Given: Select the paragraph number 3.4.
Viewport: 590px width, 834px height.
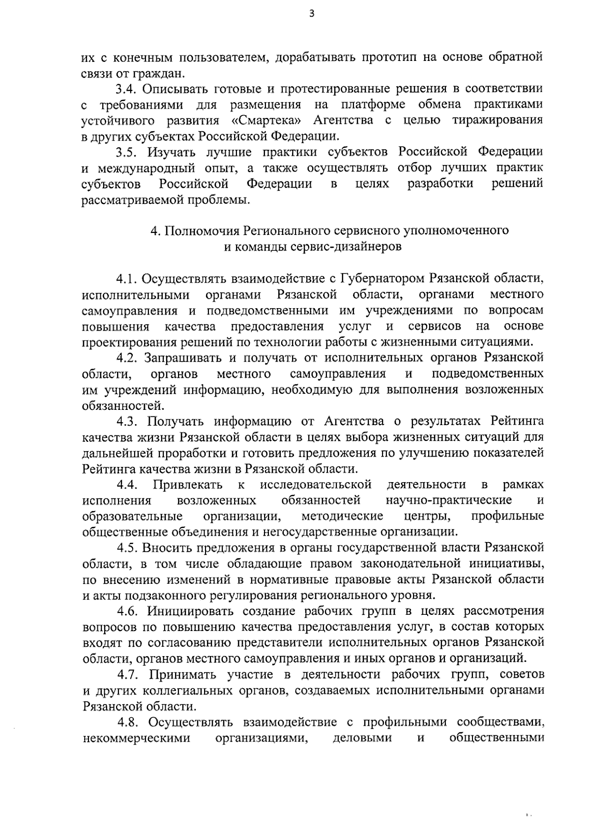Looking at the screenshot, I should [127, 89].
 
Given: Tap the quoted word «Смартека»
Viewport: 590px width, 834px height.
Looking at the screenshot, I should [266, 120].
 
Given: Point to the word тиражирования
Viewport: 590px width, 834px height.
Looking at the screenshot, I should [498, 120].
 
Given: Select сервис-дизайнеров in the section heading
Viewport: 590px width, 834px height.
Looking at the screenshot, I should [353, 247].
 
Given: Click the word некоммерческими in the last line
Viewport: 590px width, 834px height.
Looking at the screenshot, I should [137, 738].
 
